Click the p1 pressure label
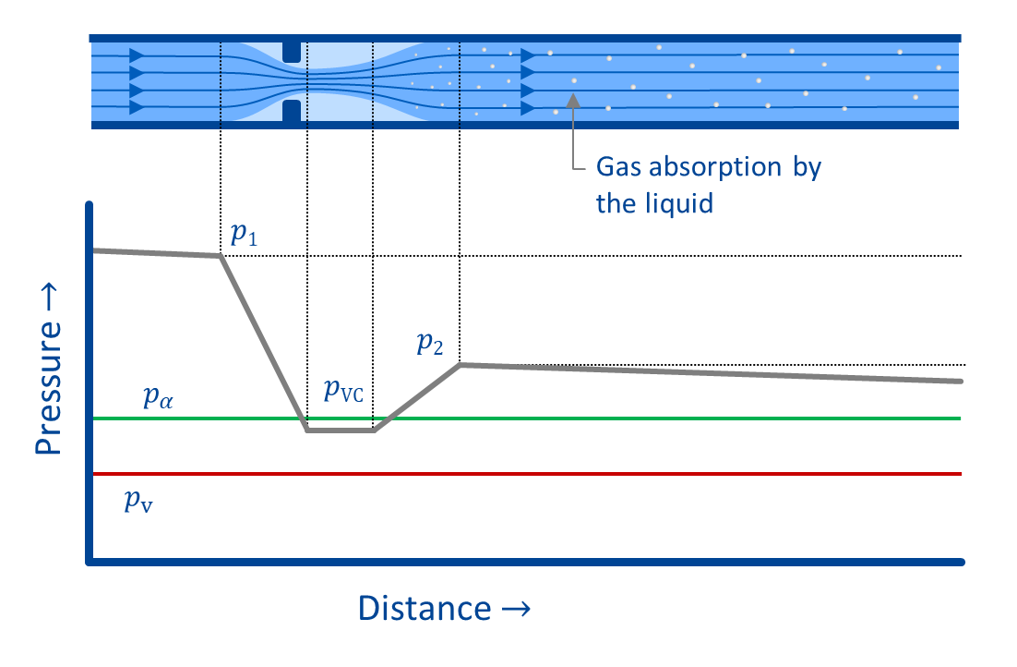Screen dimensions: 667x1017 (x=245, y=236)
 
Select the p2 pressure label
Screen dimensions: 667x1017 (x=429, y=346)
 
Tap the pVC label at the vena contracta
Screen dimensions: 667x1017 (x=343, y=391)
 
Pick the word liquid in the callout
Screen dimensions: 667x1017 (x=682, y=202)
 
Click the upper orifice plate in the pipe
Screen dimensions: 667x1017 (x=292, y=51)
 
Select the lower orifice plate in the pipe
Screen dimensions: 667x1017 (x=292, y=111)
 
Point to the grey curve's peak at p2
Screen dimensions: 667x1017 (x=460, y=365)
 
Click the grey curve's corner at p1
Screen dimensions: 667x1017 (x=221, y=256)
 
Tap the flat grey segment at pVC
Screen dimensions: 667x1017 (x=340, y=431)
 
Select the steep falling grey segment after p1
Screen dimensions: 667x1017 (x=264, y=343)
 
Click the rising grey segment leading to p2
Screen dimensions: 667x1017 (x=417, y=397)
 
